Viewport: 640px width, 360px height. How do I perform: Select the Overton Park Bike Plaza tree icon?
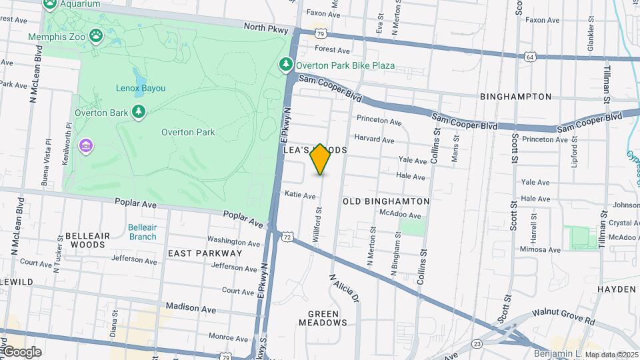(x=286, y=65)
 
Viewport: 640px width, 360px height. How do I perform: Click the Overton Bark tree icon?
(x=139, y=112)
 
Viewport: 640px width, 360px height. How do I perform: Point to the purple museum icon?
(x=85, y=145)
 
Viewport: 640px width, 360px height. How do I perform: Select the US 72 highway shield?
(x=287, y=237)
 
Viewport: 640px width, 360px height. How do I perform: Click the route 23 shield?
(x=476, y=343)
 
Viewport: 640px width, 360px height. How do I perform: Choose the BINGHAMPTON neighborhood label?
(x=515, y=97)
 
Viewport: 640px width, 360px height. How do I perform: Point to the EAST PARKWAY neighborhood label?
(x=205, y=253)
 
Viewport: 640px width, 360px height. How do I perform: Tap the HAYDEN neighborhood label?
(x=617, y=289)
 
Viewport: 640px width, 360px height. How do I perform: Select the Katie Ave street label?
(x=300, y=195)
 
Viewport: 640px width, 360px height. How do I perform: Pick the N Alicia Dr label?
(x=345, y=289)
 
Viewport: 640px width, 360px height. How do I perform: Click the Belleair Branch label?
(x=142, y=231)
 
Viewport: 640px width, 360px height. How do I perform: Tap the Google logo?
(x=21, y=352)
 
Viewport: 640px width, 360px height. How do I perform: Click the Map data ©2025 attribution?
(x=611, y=355)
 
